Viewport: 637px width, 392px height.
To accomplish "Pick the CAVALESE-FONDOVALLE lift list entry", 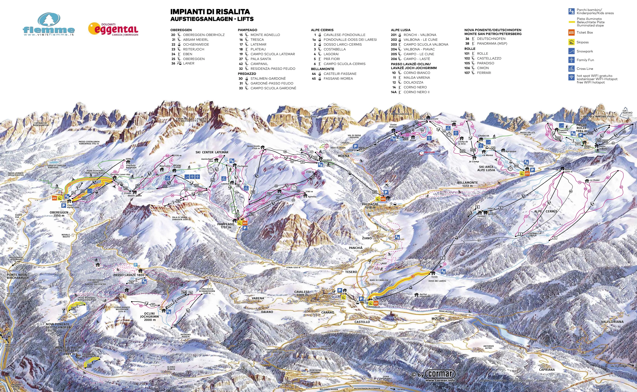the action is point(344,35).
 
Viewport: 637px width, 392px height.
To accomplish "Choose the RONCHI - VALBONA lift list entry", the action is point(420,35).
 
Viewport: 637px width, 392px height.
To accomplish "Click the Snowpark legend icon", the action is point(571,51).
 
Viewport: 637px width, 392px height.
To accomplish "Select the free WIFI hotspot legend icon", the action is point(571,77).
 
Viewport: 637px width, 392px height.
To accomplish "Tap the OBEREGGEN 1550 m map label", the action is point(59,214).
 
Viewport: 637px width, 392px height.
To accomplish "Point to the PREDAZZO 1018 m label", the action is point(370,206).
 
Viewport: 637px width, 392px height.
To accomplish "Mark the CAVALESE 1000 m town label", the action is point(302,293).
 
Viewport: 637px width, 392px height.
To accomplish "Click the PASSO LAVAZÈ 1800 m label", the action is point(131,275).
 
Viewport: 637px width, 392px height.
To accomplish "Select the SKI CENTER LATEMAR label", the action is point(212,152).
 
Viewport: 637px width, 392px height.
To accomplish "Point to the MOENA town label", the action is point(344,156).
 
